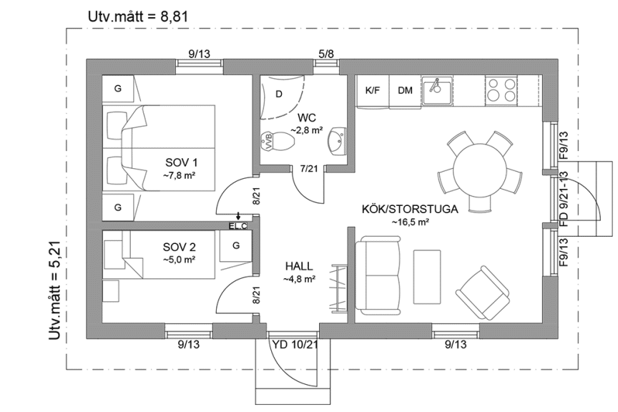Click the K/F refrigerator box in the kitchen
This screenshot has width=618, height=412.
373,91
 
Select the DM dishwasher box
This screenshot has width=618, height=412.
406,91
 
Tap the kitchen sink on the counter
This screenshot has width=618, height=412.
436,90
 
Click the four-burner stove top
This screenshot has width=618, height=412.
501,89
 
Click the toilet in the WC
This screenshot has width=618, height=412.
276,142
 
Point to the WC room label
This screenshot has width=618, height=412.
307,117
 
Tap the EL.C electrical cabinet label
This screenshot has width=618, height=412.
237,227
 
